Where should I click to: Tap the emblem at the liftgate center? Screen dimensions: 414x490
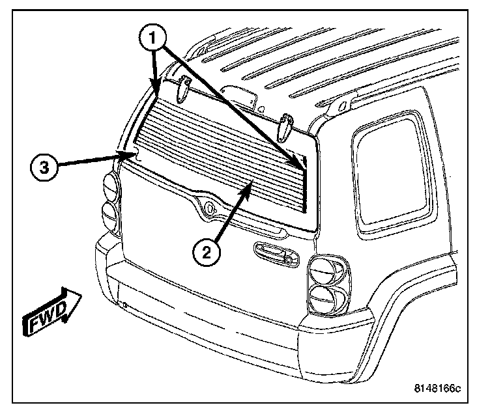(210, 210)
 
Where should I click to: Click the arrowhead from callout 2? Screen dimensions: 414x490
(249, 186)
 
